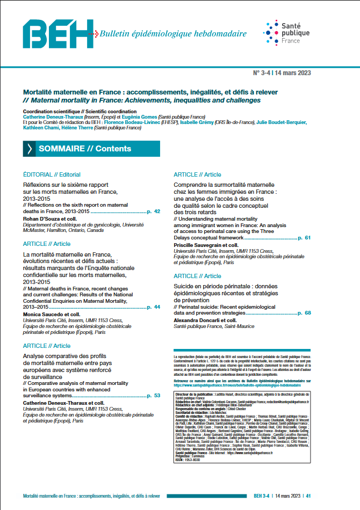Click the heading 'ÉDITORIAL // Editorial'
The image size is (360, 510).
[x=52, y=174]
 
